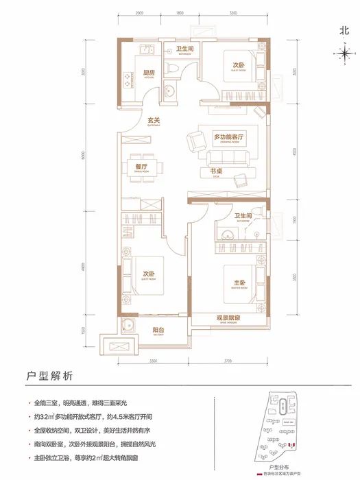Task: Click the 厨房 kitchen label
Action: pos(147,73)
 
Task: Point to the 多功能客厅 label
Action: pos(229,138)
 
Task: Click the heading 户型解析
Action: pos(44,376)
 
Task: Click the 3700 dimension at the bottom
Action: pos(232,360)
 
